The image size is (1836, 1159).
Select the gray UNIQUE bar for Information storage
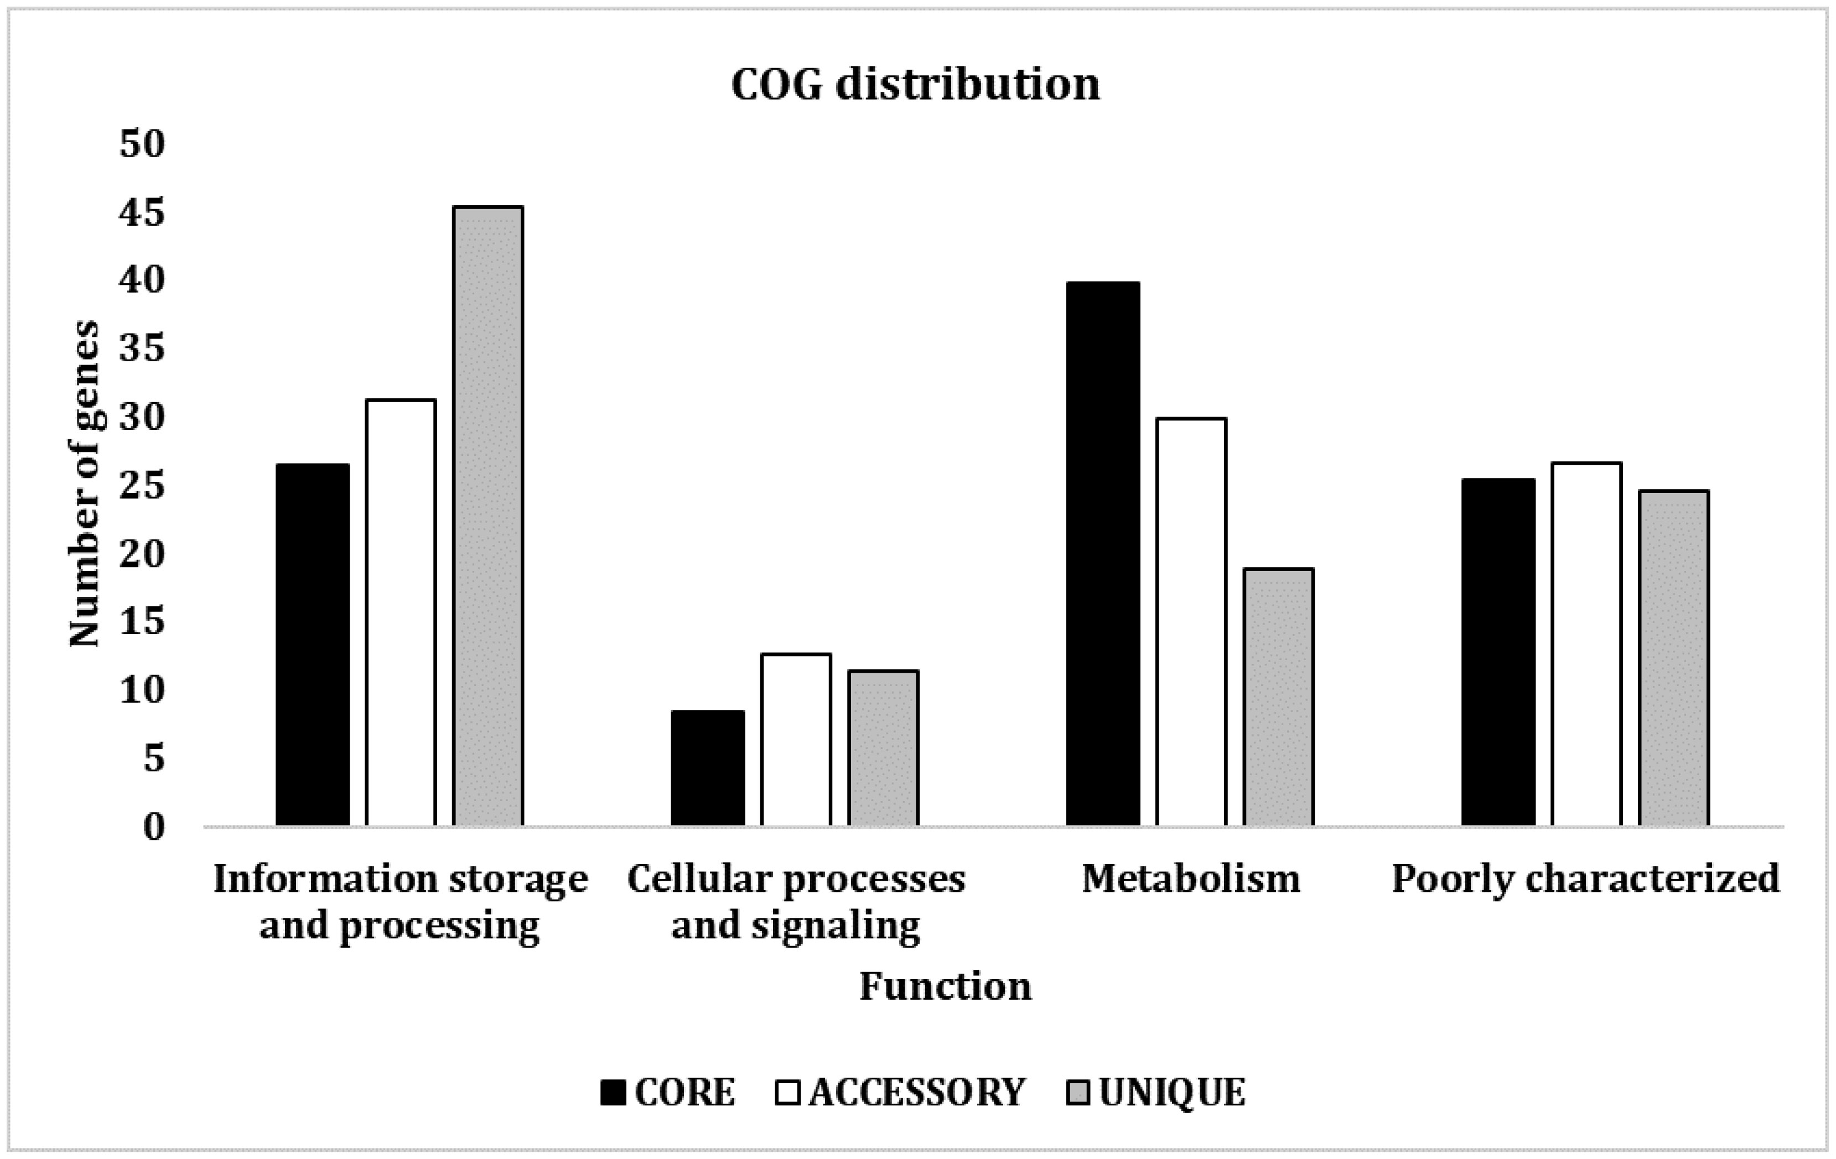coord(488,516)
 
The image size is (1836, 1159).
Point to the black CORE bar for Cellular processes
coord(708,768)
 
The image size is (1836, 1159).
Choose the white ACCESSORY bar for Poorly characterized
coord(1586,645)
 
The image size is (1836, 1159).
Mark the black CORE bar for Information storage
coord(313,645)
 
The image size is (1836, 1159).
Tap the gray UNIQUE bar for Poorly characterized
coord(1674,658)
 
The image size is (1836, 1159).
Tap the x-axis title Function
coord(946,986)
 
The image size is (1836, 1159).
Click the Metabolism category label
coord(1191,879)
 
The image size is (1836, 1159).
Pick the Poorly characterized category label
coord(1585,879)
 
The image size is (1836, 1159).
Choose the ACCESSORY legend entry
coord(900,1092)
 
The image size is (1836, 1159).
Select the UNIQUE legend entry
coord(1156,1092)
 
